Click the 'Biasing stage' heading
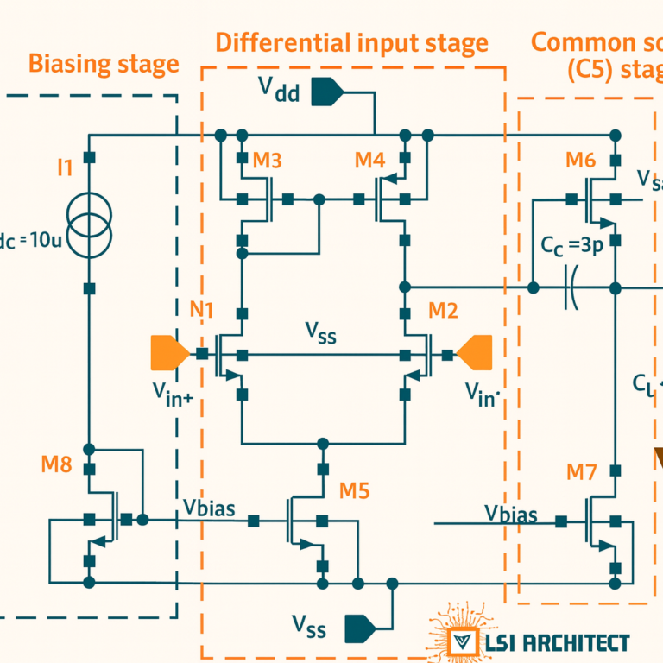click(104, 64)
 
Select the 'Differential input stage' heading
click(351, 43)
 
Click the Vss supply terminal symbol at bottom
click(360, 628)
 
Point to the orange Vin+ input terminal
click(169, 353)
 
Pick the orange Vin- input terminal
click(476, 353)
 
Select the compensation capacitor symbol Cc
click(571, 287)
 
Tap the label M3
click(267, 160)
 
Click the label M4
click(369, 160)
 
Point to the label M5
click(354, 491)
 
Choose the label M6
click(580, 160)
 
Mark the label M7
click(581, 472)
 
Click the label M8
click(56, 464)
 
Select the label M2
click(443, 311)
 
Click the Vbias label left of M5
click(209, 508)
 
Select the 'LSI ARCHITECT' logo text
click(557, 643)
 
